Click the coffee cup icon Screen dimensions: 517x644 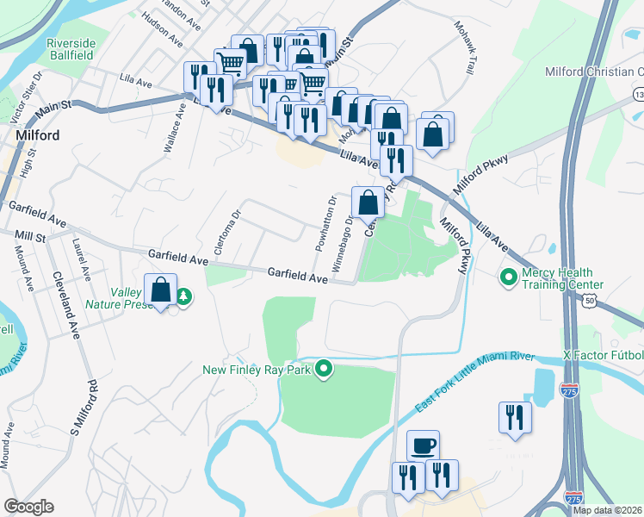[423, 445]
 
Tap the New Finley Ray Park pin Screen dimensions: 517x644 [324, 369]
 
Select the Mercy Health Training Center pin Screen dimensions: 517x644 [508, 277]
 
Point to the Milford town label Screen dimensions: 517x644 [37, 136]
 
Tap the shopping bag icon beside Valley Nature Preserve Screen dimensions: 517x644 [161, 290]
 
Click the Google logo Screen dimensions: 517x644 [28, 507]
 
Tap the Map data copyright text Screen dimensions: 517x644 [607, 510]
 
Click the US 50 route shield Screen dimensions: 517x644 [589, 300]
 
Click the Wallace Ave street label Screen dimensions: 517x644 [175, 128]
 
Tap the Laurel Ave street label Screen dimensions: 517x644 [83, 259]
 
